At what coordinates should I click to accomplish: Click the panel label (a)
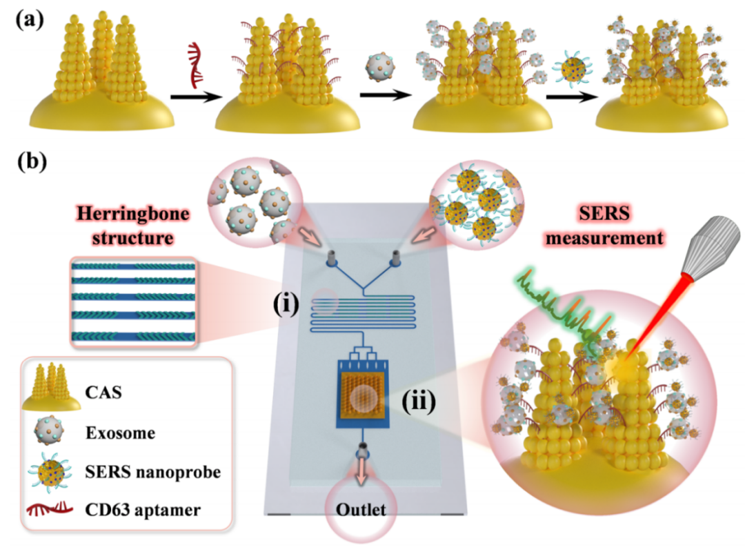30,21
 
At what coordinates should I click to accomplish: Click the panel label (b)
32,161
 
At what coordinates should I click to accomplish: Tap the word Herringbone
133,215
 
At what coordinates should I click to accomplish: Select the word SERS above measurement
604,213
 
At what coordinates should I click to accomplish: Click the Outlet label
361,510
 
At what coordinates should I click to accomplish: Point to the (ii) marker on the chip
419,401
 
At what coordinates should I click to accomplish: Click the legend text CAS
103,392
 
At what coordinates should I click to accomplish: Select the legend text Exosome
120,433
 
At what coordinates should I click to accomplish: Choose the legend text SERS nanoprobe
153,472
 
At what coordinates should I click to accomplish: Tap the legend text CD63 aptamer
143,510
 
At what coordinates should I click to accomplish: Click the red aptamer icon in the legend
50,509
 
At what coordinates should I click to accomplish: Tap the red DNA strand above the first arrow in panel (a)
195,65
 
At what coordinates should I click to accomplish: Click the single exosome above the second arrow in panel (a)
380,66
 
